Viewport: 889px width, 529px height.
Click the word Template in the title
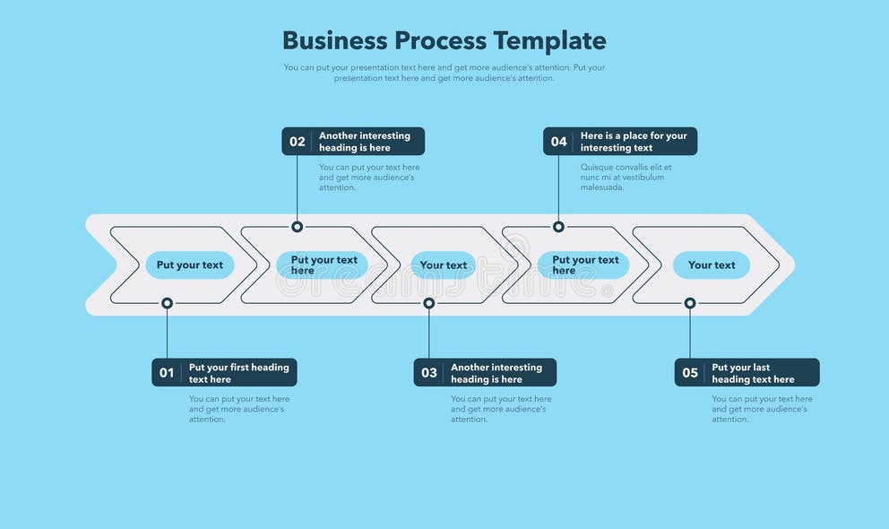click(x=549, y=41)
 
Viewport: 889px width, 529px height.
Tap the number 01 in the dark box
click(x=167, y=373)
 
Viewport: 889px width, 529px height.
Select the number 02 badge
click(x=297, y=142)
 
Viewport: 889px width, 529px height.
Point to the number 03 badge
click(x=429, y=373)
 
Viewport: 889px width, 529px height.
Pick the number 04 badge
click(x=558, y=142)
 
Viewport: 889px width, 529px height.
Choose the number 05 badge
click(x=690, y=373)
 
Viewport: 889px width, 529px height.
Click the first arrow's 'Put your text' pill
click(x=190, y=265)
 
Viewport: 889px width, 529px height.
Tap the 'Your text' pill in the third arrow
click(x=444, y=265)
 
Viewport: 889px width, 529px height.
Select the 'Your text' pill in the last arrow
click(x=712, y=265)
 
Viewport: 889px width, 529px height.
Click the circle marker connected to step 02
click(x=297, y=227)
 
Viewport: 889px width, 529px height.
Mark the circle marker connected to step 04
click(x=558, y=227)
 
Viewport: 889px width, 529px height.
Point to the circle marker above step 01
click(x=167, y=303)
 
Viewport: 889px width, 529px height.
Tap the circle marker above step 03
click(x=429, y=303)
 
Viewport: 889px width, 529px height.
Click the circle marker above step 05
click(x=690, y=303)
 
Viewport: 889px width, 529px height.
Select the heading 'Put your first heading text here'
click(x=238, y=373)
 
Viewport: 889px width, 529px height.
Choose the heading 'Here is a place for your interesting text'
click(x=634, y=142)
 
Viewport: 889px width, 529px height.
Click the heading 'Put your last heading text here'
click(x=753, y=373)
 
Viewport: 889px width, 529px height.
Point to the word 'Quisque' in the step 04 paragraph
click(x=598, y=168)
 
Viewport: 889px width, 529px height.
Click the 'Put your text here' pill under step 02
click(x=323, y=265)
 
